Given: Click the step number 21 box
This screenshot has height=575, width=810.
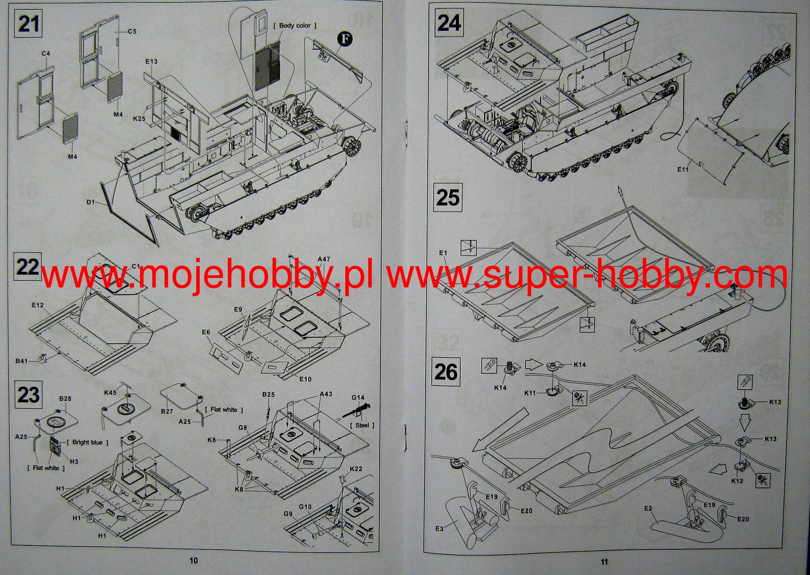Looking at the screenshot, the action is pyautogui.click(x=29, y=24).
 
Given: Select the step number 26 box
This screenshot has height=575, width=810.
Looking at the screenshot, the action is pyautogui.click(x=446, y=372).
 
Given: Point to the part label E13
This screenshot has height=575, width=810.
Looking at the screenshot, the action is pyautogui.click(x=151, y=61).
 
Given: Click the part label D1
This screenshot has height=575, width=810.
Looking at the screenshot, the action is pyautogui.click(x=91, y=202).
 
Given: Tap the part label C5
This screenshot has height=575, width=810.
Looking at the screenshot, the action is pyautogui.click(x=132, y=31).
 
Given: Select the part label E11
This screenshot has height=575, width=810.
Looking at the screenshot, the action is pyautogui.click(x=683, y=169).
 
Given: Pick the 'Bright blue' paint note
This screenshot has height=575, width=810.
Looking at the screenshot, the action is pyautogui.click(x=87, y=442).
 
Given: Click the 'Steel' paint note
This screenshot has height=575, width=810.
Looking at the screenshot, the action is pyautogui.click(x=362, y=425).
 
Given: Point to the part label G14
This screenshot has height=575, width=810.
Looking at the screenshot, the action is pyautogui.click(x=358, y=398).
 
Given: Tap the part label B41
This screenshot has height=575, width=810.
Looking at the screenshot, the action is pyautogui.click(x=22, y=361).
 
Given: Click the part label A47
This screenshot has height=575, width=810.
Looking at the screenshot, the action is pyautogui.click(x=324, y=259).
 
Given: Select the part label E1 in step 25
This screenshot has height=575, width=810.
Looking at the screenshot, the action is pyautogui.click(x=443, y=253).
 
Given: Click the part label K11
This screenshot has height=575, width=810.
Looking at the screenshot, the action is pyautogui.click(x=530, y=393).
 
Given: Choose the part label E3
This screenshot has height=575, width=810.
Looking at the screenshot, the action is pyautogui.click(x=439, y=528).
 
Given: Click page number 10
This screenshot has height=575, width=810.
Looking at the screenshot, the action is pyautogui.click(x=193, y=560).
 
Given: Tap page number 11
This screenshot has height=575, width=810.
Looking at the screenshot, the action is pyautogui.click(x=604, y=561).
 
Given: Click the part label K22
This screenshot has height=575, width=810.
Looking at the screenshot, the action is pyautogui.click(x=356, y=469).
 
